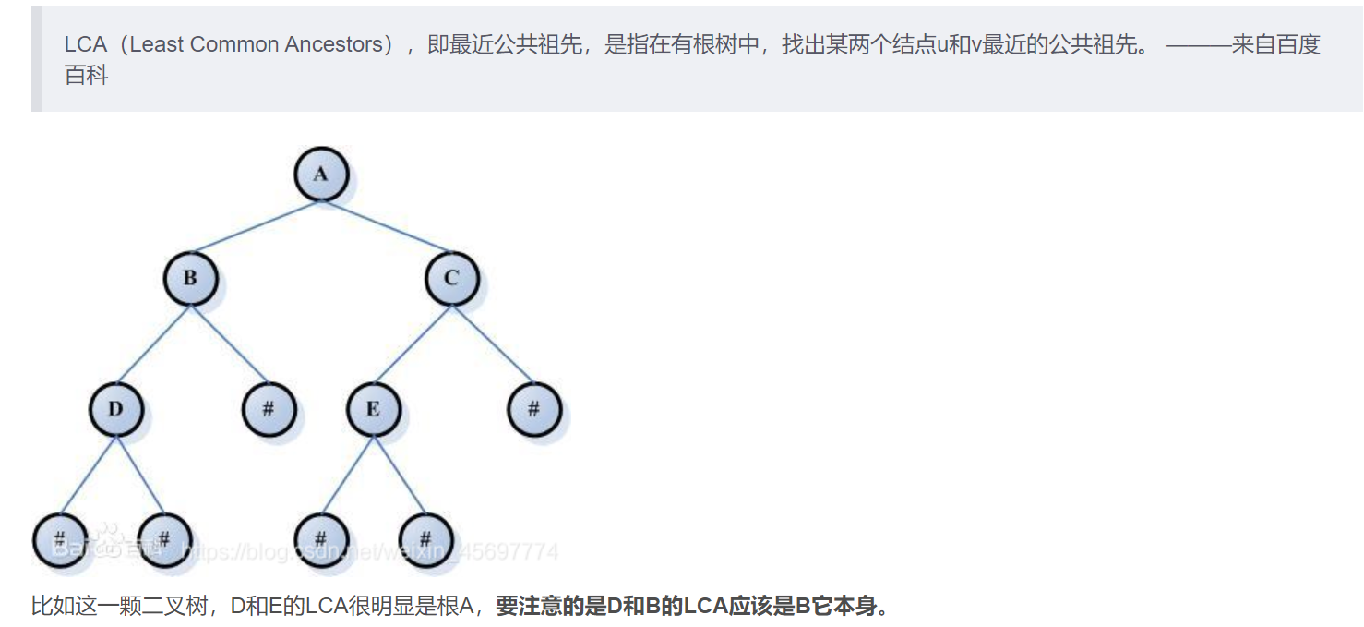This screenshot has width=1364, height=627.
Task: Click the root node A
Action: (x=320, y=174)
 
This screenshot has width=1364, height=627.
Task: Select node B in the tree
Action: (x=191, y=278)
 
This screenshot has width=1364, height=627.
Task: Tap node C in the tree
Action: (x=451, y=278)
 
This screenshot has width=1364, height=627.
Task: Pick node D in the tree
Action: (x=116, y=408)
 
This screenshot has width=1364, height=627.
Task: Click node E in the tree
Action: (x=373, y=408)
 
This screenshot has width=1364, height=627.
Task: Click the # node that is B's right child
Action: (x=269, y=408)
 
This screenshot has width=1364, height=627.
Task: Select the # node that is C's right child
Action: (x=533, y=408)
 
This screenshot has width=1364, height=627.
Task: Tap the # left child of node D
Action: (x=59, y=537)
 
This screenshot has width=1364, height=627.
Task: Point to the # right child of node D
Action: (x=164, y=537)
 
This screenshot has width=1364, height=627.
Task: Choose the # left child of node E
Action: (x=320, y=537)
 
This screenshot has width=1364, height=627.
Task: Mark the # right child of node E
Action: (x=425, y=537)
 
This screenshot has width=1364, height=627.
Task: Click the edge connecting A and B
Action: (x=256, y=226)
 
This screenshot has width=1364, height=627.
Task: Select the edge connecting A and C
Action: (x=386, y=226)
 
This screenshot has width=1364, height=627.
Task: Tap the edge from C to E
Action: (x=413, y=343)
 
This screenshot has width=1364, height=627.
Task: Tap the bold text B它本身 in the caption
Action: (x=841, y=607)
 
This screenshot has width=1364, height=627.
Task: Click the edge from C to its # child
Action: (x=492, y=343)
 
